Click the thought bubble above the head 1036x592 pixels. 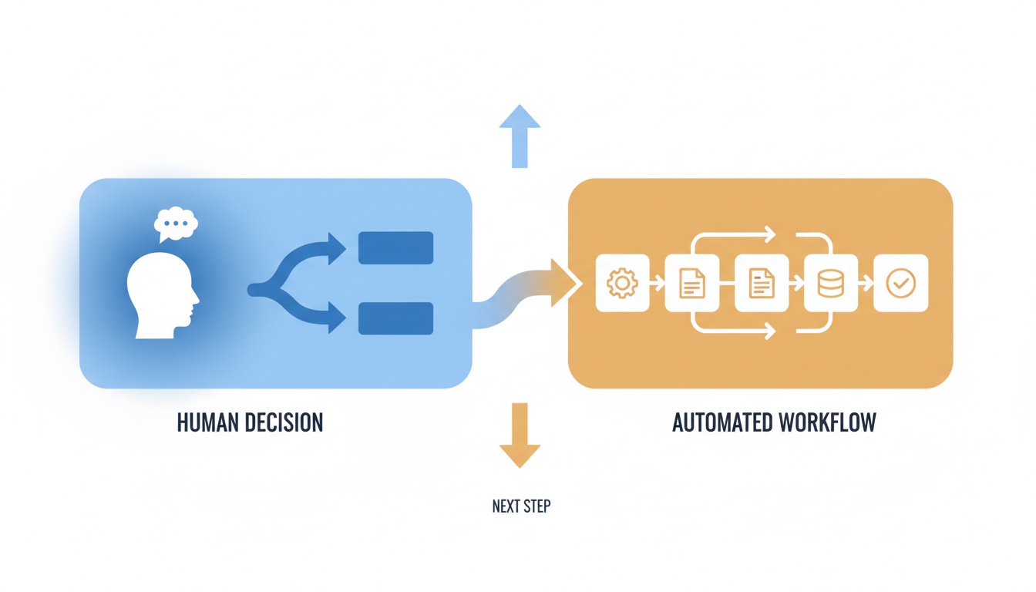176,224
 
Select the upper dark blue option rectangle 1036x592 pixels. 396,248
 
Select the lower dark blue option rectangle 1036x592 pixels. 396,318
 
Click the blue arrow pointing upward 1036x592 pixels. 520,136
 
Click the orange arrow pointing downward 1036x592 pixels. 520,436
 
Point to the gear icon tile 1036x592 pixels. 623,283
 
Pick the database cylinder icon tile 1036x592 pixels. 831,283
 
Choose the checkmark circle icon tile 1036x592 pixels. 901,283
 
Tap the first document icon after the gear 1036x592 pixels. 692,283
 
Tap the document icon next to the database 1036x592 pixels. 762,283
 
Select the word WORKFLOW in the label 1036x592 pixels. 827,422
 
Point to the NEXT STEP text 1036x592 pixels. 521,506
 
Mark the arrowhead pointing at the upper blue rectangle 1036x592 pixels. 337,249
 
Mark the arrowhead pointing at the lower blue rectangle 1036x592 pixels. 337,318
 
